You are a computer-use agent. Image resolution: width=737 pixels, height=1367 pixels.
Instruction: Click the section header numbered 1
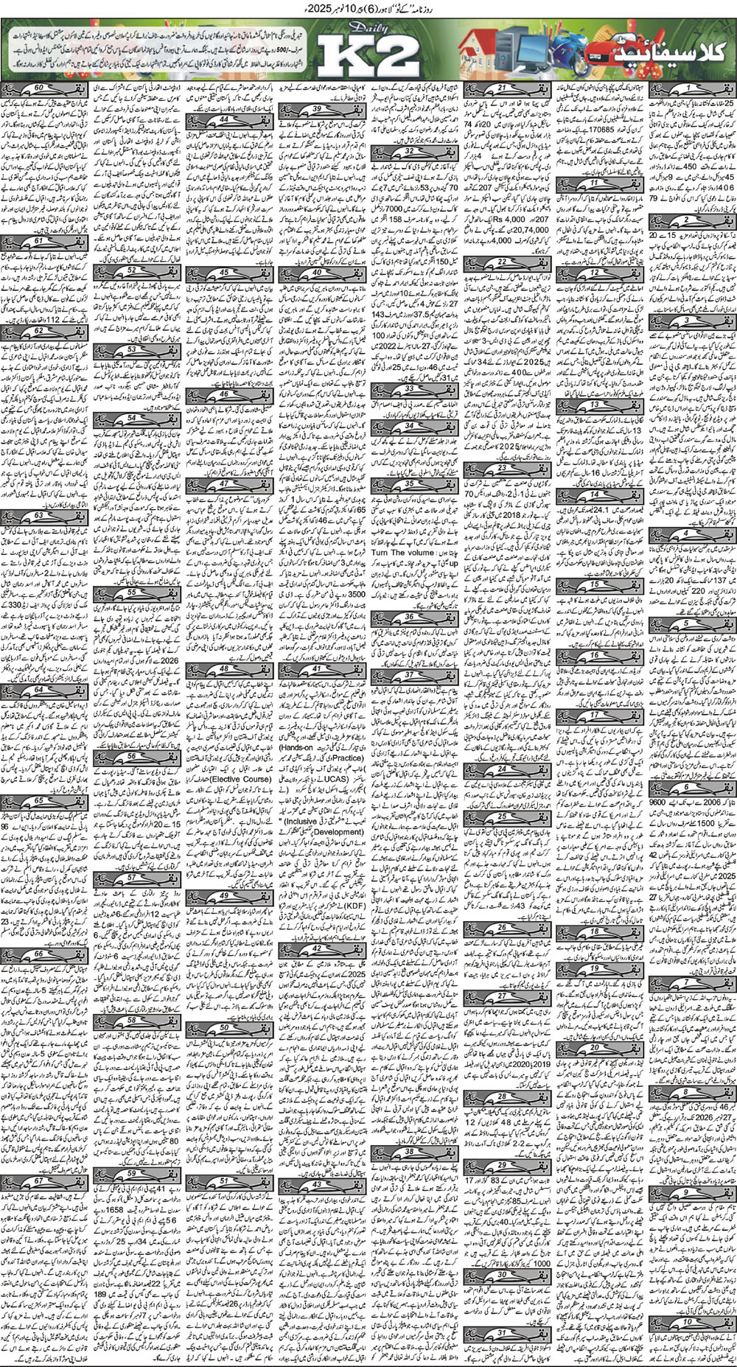pos(688,88)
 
